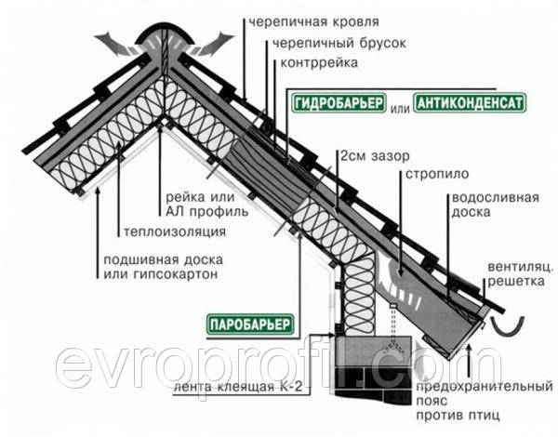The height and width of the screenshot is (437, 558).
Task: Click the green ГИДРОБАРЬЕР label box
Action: pos(339,103)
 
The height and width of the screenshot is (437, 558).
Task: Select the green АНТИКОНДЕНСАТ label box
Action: pos(470,103)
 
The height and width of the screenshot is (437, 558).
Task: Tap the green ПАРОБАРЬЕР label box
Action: pos(250,324)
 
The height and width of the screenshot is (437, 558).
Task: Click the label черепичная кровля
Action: pos(313,22)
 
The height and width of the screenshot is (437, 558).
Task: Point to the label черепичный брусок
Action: pos(339,44)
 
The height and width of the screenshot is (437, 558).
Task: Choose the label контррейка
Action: pos(319,63)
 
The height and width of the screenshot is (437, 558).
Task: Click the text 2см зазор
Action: pos(375,156)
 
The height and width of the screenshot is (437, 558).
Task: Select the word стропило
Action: pos(437,175)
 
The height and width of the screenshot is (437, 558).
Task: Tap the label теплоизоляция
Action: pos(175,232)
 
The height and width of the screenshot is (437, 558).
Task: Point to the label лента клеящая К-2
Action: pos(237,387)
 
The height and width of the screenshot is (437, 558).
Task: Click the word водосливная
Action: pos(496,198)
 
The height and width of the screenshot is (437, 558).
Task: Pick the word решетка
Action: pos(516,282)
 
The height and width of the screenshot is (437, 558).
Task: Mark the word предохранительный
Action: pos(485,386)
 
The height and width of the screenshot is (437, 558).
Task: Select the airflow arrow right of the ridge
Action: pos(214,44)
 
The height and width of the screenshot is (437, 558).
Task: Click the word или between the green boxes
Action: pos(400,108)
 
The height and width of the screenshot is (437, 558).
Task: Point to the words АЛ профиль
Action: pos(207,212)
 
